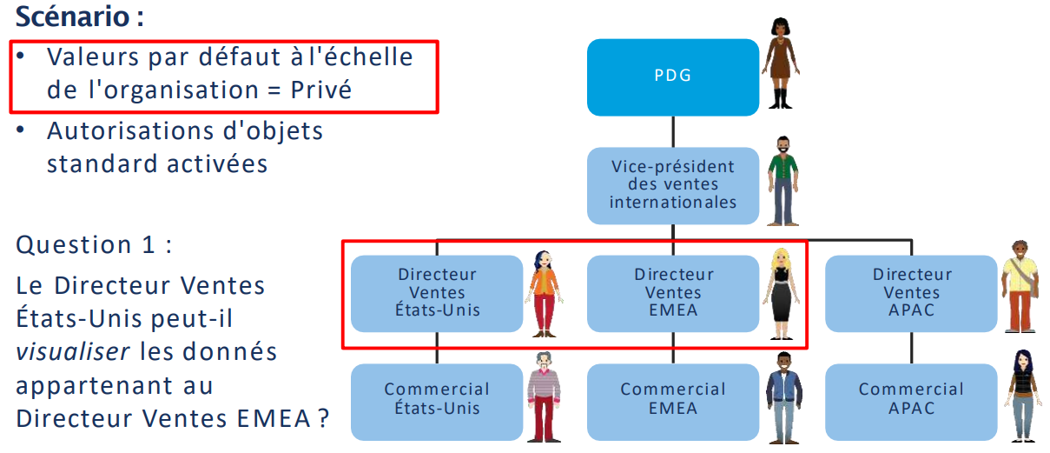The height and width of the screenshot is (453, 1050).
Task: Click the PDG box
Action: (x=673, y=77)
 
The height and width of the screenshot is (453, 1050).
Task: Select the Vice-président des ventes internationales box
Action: (x=673, y=184)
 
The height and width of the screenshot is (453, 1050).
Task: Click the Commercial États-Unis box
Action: (x=438, y=400)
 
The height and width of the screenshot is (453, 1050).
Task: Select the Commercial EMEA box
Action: (x=673, y=400)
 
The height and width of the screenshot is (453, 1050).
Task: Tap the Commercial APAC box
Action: (x=912, y=400)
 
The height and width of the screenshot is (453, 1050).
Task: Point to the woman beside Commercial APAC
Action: (x=1021, y=396)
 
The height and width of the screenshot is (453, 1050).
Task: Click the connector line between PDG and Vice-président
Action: (x=674, y=131)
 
